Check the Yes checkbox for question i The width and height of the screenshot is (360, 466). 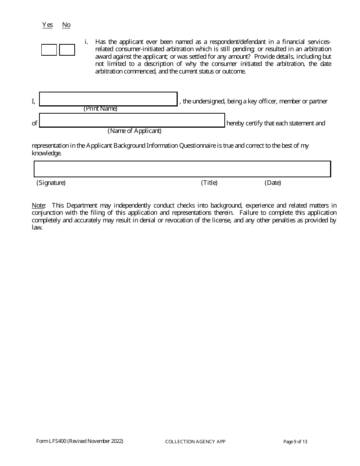[x=49, y=50]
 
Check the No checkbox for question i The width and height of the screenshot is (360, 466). [x=67, y=50]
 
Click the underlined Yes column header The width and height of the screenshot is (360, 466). [x=47, y=25]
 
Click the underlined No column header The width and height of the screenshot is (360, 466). [x=66, y=25]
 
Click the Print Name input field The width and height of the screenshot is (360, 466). [x=108, y=99]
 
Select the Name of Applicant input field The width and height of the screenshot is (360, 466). [x=132, y=120]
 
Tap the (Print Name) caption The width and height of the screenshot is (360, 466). [x=100, y=109]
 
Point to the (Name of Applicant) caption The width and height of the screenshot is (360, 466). [x=135, y=131]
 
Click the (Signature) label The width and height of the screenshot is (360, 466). [x=51, y=183]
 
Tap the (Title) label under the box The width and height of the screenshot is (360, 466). [x=209, y=183]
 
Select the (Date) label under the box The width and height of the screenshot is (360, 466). [x=273, y=183]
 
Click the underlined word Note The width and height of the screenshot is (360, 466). [x=38, y=205]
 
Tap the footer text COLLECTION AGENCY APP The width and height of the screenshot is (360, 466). [x=196, y=442]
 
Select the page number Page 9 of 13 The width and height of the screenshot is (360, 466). [x=295, y=442]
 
